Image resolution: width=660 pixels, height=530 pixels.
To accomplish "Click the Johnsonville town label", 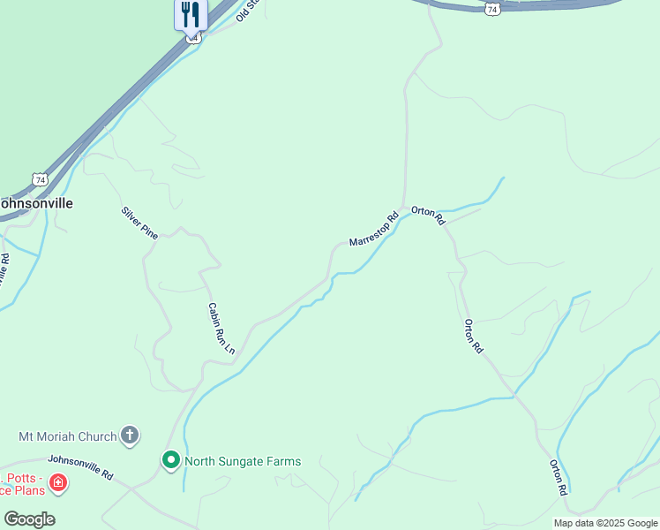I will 35,202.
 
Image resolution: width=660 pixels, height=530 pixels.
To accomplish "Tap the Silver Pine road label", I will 139,223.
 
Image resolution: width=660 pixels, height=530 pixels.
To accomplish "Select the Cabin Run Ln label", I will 221,329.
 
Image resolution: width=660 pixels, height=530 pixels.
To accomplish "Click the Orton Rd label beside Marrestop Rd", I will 428,214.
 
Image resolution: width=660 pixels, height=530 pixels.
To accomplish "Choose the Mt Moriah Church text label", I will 68,436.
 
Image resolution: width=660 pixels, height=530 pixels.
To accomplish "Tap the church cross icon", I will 130,435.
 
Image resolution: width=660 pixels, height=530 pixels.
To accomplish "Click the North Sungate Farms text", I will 243,461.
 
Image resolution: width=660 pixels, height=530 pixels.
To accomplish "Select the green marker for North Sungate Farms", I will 171,460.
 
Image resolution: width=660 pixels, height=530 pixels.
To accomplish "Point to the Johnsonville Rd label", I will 80,466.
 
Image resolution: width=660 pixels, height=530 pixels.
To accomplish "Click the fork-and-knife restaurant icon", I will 191,13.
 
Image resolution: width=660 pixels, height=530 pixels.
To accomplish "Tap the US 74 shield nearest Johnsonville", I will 38,179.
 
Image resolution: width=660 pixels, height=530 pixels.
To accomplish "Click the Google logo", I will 29,519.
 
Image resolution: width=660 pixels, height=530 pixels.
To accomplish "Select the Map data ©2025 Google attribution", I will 605,523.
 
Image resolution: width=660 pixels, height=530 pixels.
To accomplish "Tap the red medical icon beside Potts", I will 57,482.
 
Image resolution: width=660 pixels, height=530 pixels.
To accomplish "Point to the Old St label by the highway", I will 248,11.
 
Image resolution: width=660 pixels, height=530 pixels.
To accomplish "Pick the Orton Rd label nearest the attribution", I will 558,477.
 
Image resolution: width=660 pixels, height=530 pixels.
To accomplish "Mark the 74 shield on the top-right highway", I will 492,8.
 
